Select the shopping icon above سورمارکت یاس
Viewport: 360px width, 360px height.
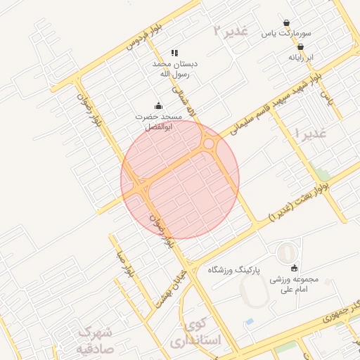point(286,22)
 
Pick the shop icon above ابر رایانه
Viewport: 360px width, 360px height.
point(300,46)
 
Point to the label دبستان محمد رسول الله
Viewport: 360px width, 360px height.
point(175,68)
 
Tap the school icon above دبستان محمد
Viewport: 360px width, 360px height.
point(174,53)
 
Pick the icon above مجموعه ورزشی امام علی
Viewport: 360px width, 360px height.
point(294,268)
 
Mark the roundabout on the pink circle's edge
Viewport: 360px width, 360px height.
point(210,144)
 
